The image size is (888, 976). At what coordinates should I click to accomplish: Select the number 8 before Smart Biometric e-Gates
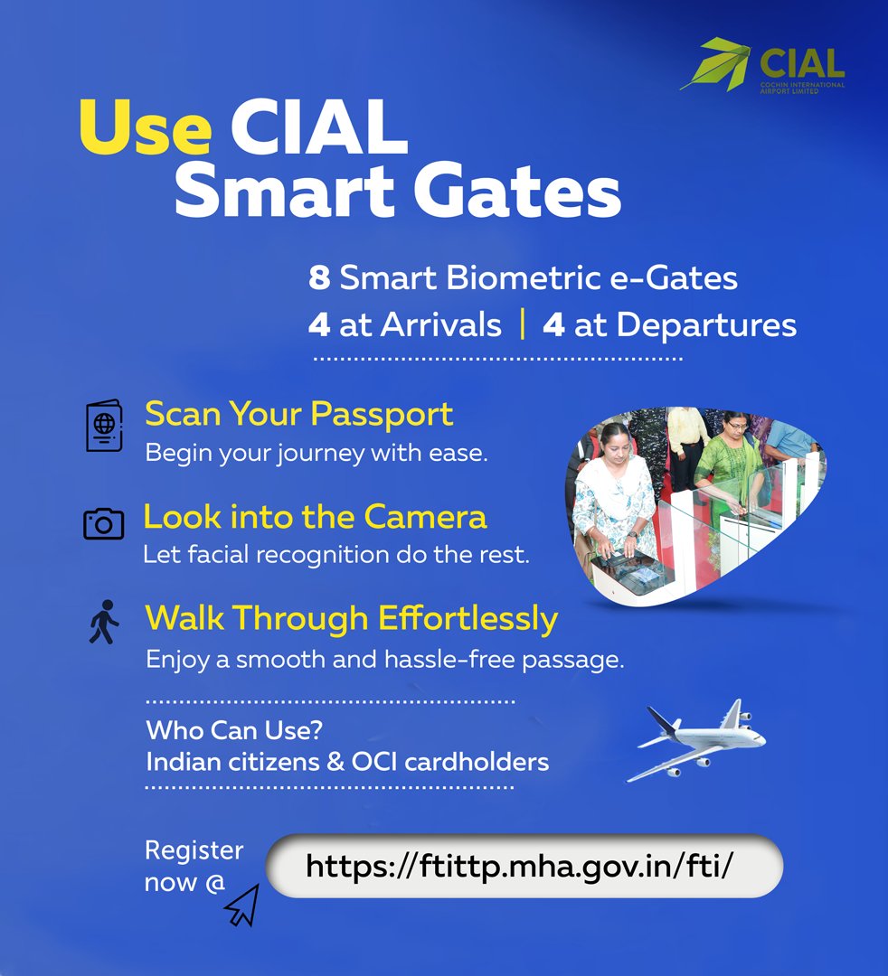click(x=318, y=278)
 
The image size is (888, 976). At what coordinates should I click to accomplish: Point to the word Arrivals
click(x=440, y=325)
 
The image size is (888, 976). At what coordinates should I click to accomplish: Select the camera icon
click(x=103, y=523)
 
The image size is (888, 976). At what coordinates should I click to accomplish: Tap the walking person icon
click(x=103, y=623)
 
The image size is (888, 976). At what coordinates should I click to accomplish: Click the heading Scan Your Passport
click(x=298, y=414)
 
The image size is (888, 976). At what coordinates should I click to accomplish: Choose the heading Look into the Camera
click(x=315, y=517)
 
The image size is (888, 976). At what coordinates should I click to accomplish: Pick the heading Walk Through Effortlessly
click(x=351, y=619)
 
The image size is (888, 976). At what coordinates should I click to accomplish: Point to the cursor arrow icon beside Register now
click(x=243, y=905)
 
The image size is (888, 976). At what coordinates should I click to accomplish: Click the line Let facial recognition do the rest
click(x=335, y=555)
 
